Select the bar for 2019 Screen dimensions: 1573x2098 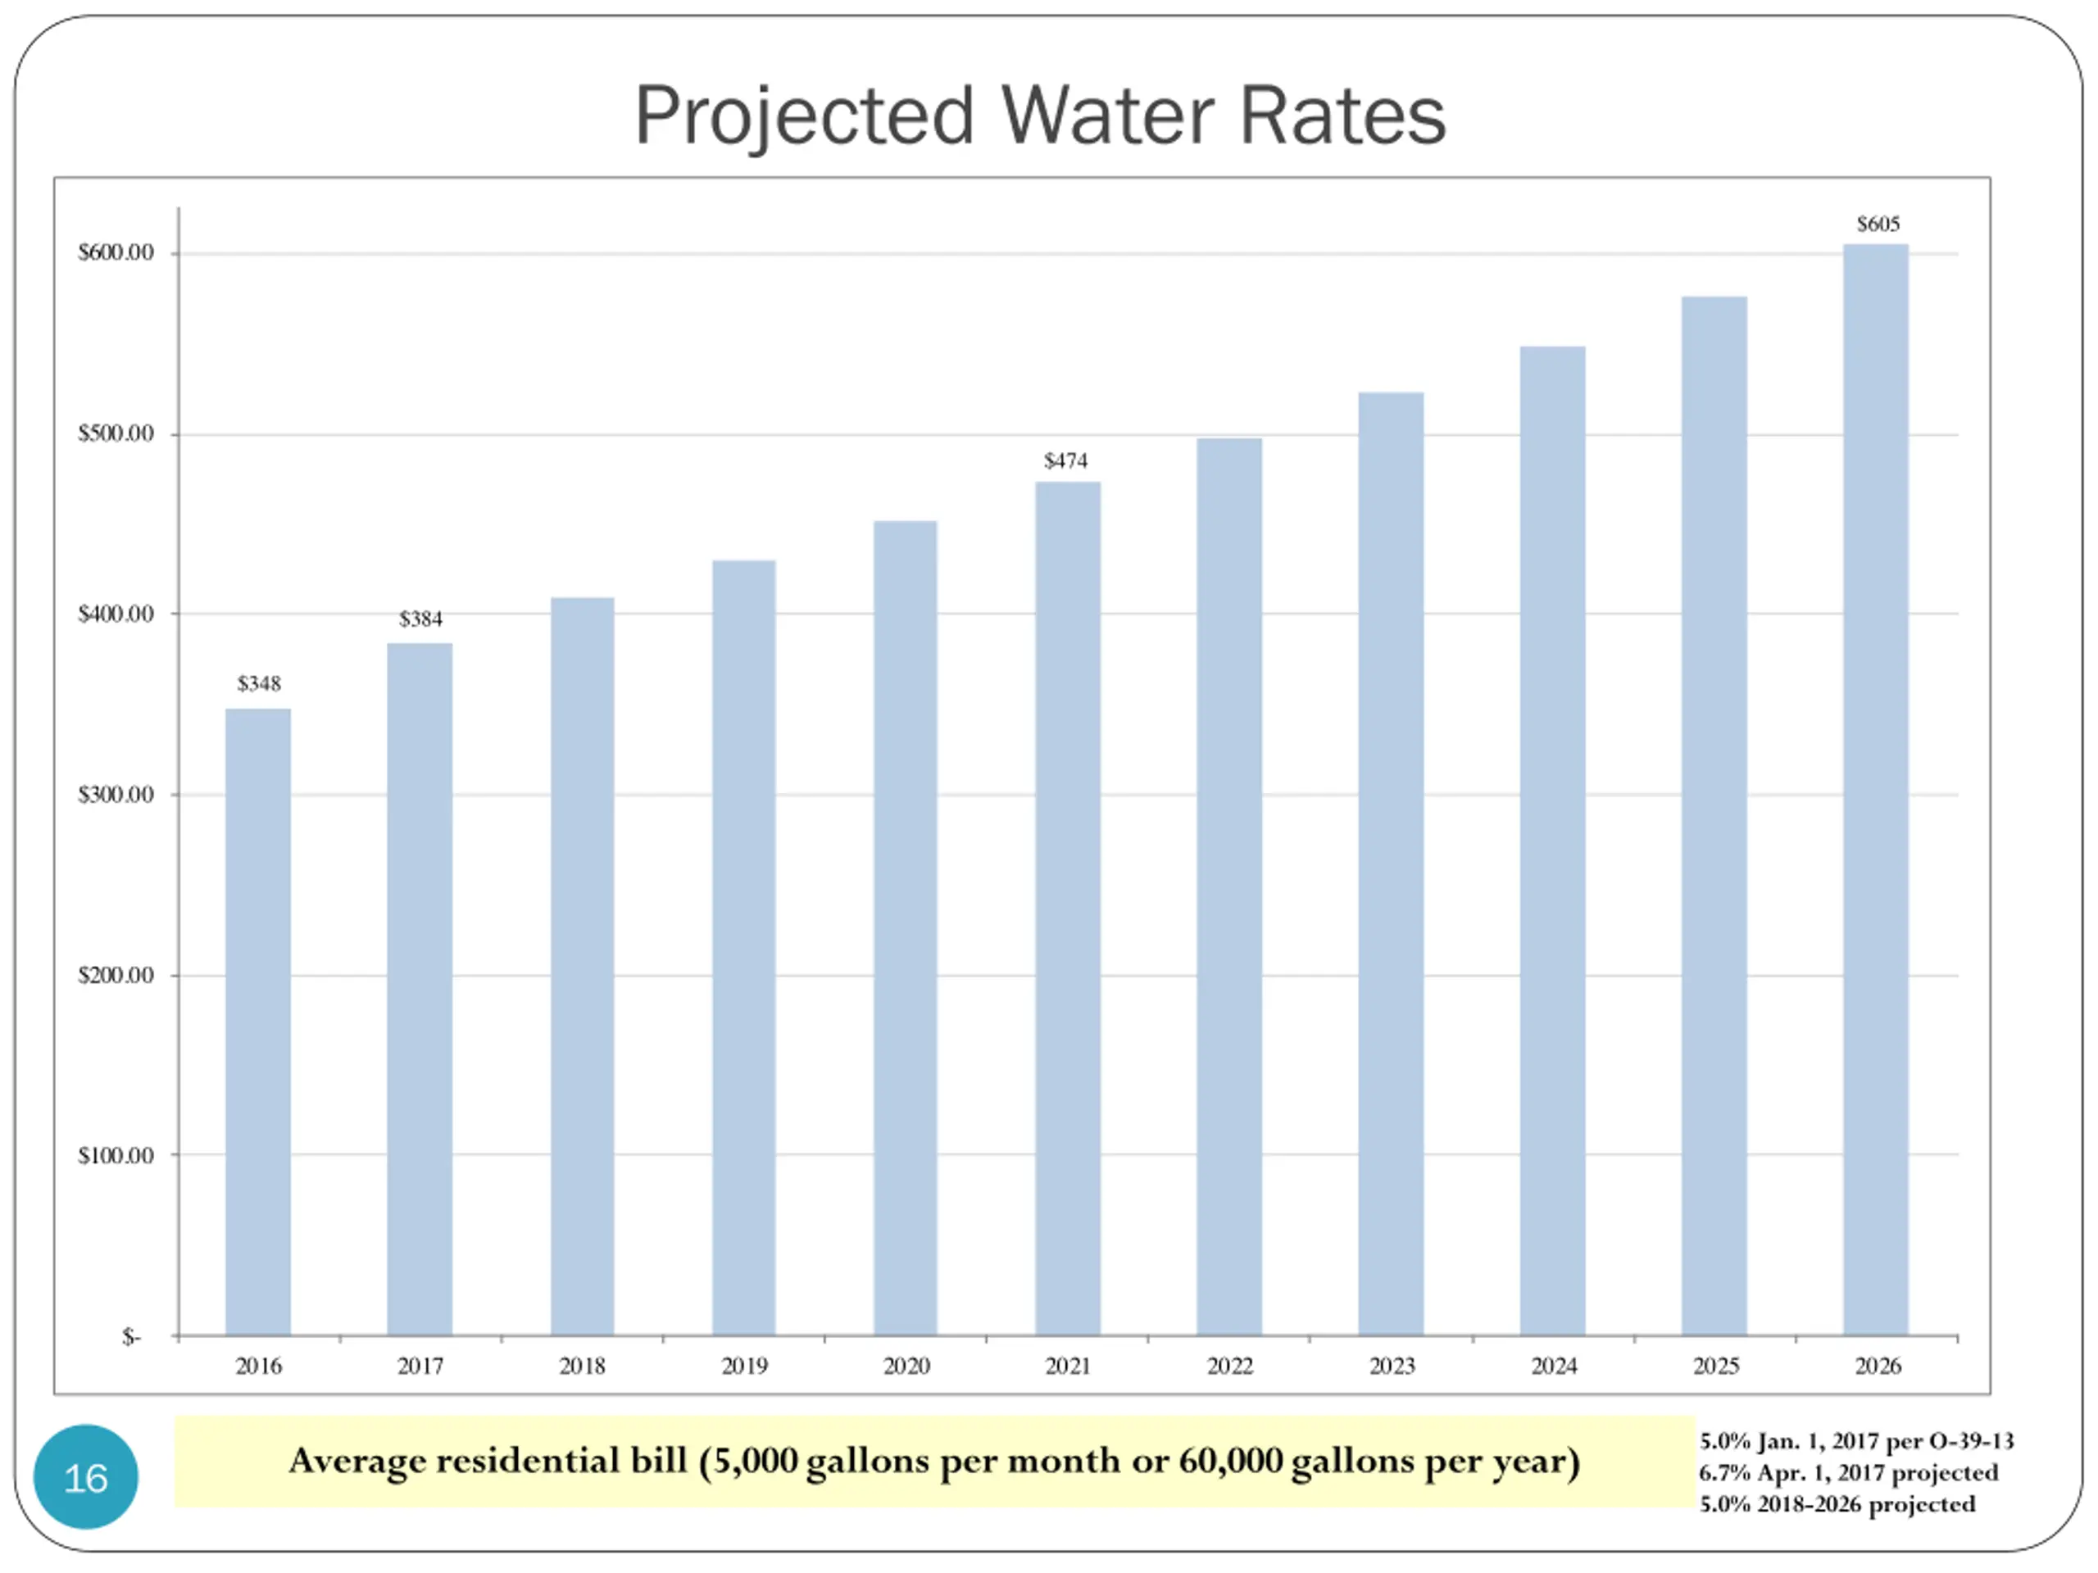click(743, 948)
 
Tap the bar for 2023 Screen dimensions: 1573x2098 click(1391, 863)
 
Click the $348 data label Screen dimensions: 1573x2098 click(259, 683)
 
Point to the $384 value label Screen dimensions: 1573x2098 click(420, 619)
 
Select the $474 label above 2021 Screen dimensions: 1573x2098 click(1065, 460)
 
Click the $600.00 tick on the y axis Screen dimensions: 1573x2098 click(116, 252)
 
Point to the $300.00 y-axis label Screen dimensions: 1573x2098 click(116, 795)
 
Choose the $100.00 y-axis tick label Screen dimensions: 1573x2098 click(116, 1155)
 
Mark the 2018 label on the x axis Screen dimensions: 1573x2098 click(581, 1366)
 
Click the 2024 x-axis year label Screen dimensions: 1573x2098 click(1554, 1366)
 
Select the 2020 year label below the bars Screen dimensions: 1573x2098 click(906, 1366)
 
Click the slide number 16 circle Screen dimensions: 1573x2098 click(85, 1477)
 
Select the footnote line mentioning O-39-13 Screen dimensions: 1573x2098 click(1855, 1441)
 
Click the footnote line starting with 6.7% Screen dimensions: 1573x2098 click(1847, 1472)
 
